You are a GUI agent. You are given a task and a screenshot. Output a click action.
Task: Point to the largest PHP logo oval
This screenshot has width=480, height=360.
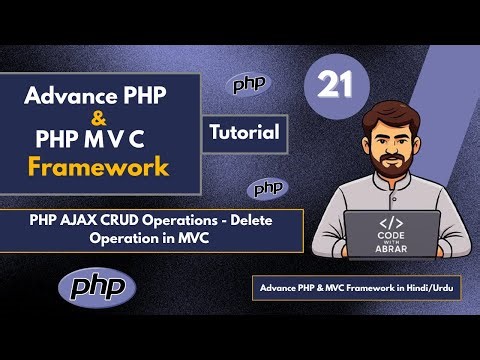(x=97, y=287)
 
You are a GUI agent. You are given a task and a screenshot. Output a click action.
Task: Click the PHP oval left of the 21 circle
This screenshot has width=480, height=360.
(x=249, y=85)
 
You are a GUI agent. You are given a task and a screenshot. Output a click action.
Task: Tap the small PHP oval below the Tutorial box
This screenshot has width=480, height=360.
(x=268, y=187)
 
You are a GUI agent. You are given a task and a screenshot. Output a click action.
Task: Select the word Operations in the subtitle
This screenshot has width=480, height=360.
(x=209, y=223)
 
